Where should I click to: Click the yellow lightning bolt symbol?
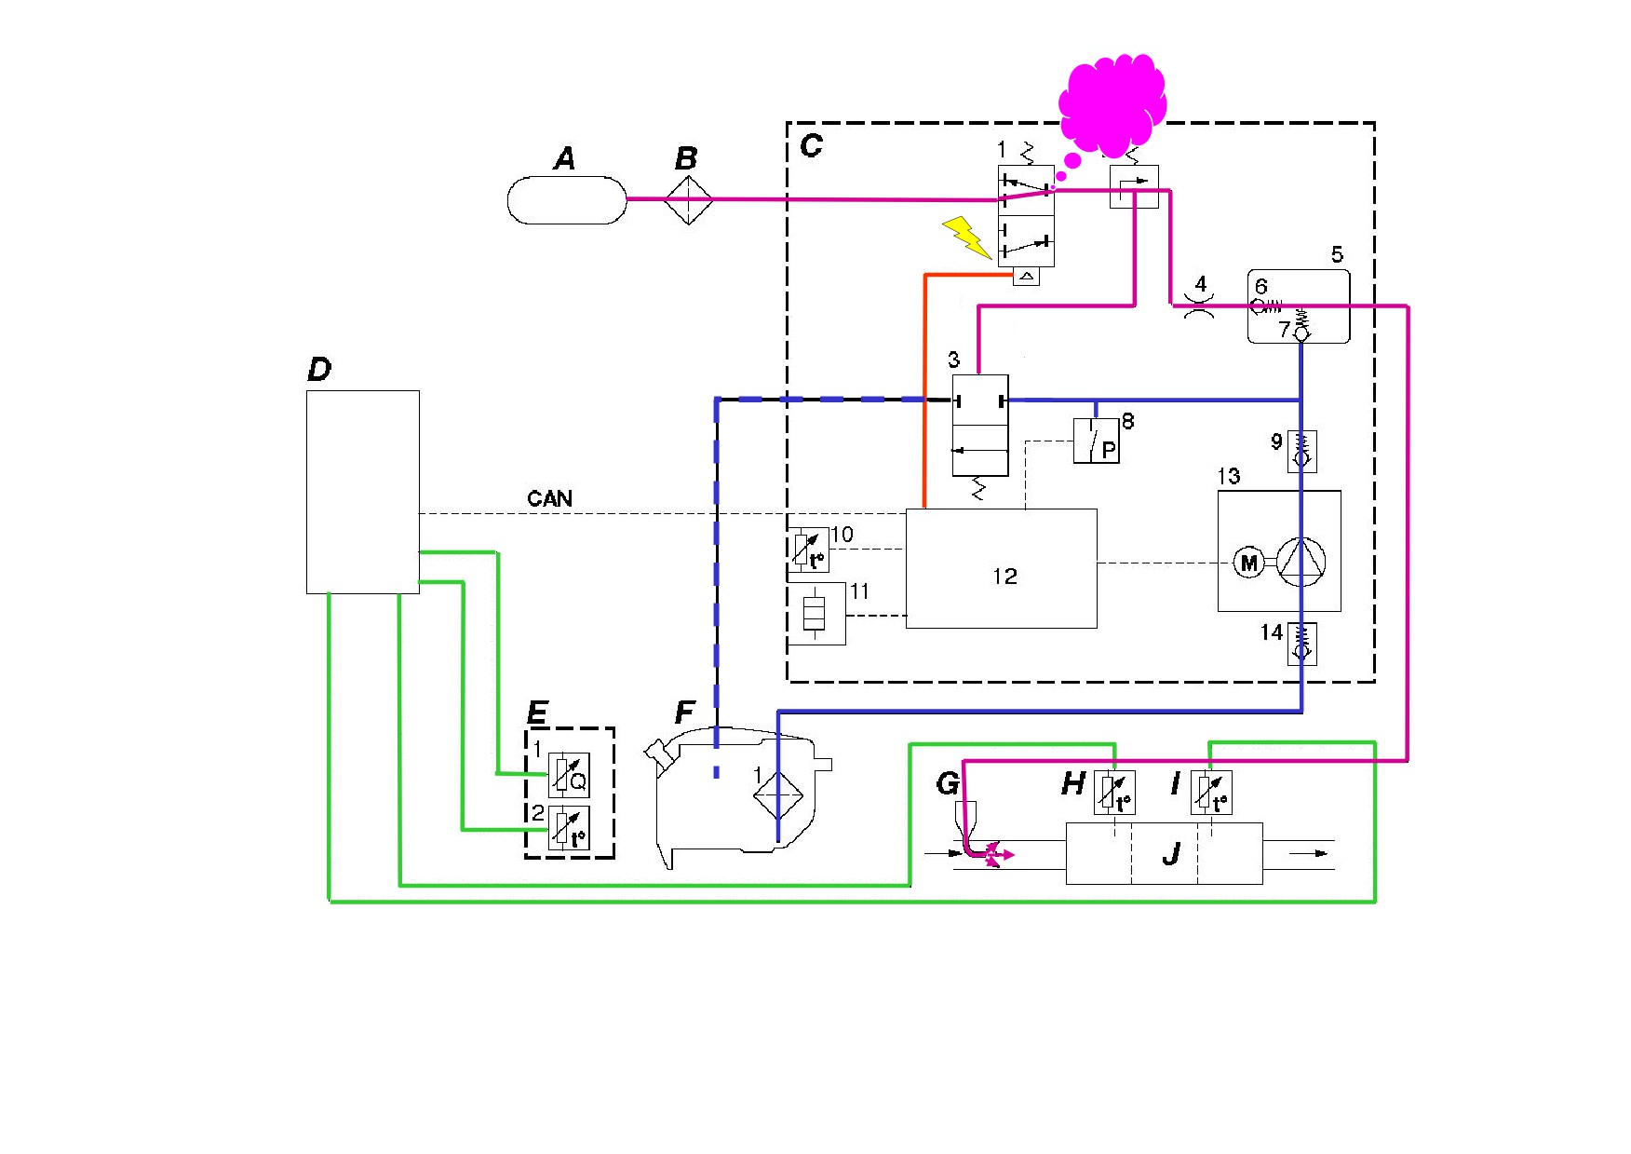[966, 237]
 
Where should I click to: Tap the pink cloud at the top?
[1112, 104]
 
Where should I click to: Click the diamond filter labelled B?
[688, 199]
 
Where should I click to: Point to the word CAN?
[549, 498]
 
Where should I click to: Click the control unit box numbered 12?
[1001, 568]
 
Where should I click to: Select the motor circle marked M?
[1248, 563]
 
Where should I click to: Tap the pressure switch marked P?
[1096, 441]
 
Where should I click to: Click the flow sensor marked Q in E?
[568, 774]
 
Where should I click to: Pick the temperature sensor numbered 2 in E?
[568, 828]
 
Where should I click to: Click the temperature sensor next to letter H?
[1114, 793]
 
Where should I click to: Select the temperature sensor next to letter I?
[1211, 793]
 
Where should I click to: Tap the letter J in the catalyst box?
[1171, 853]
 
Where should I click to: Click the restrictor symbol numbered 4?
[1199, 305]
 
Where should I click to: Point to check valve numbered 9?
[1301, 451]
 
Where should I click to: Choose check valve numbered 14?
[1301, 644]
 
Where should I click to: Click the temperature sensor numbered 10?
[809, 550]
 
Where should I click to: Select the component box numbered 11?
[816, 614]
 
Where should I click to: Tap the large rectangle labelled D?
[363, 492]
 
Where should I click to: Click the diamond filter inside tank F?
[777, 794]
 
